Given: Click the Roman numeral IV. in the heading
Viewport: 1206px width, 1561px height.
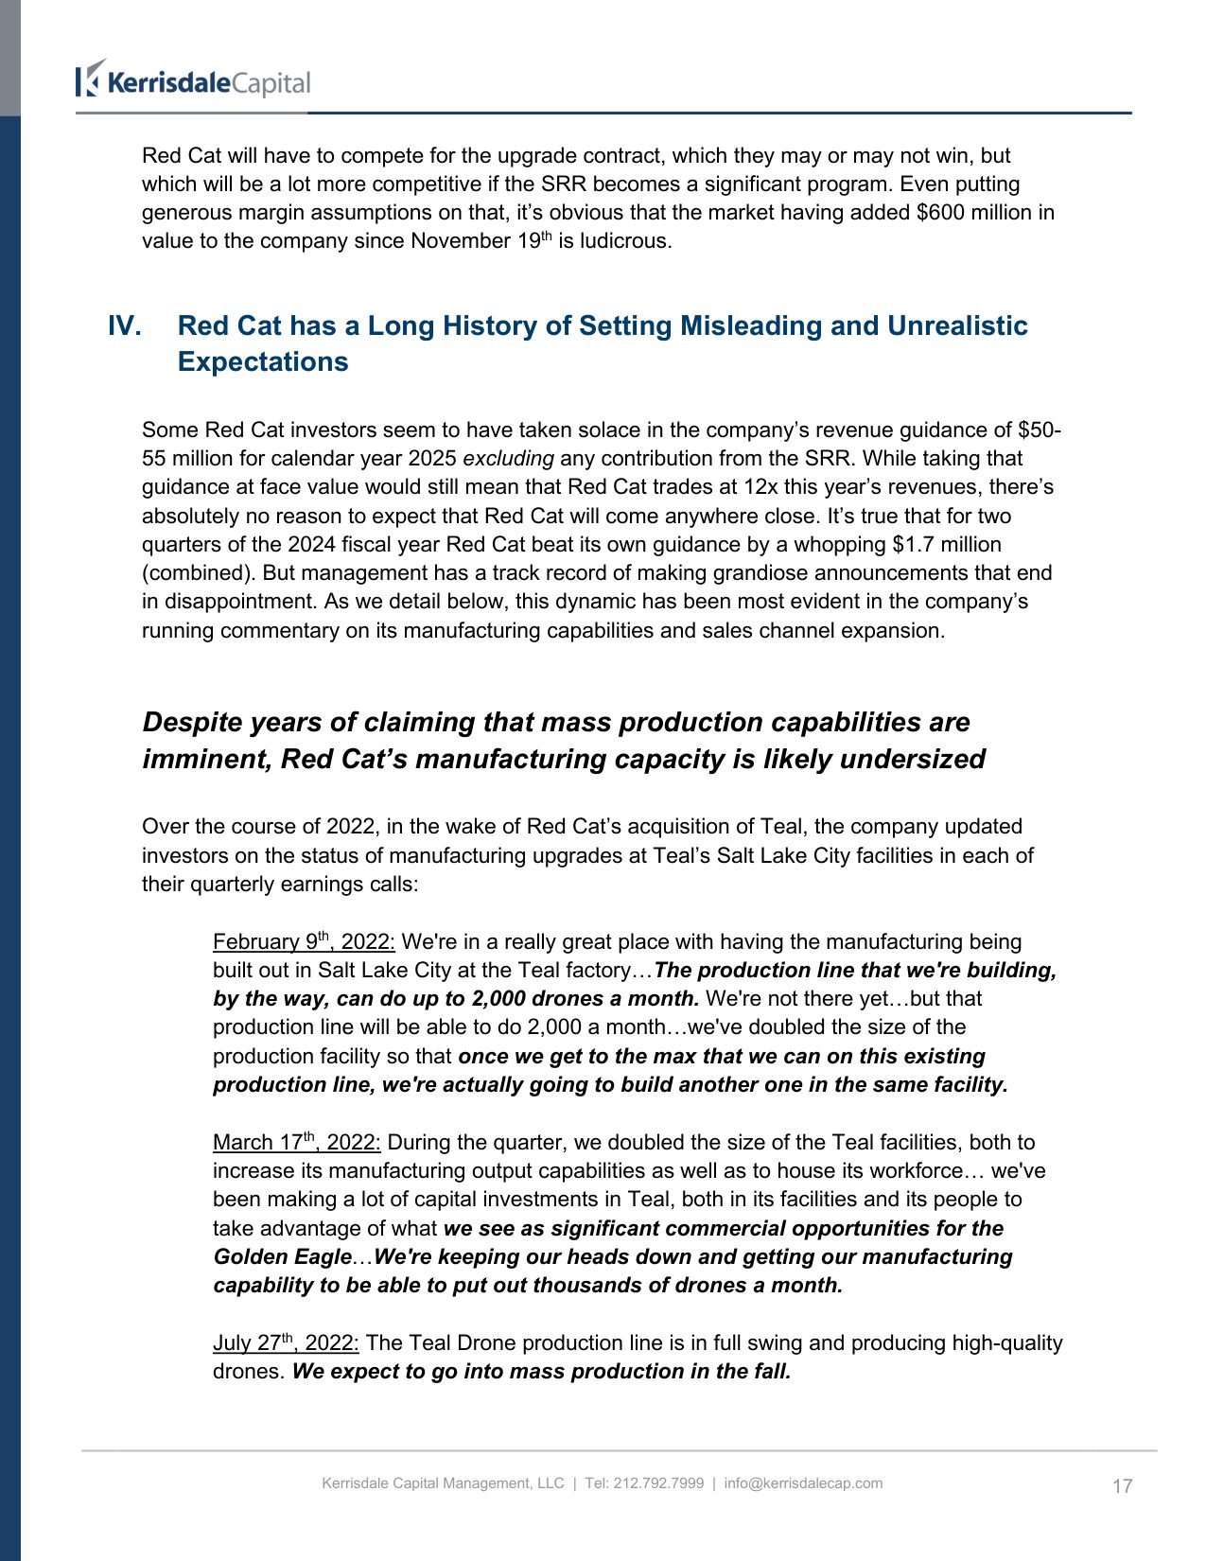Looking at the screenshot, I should click(125, 326).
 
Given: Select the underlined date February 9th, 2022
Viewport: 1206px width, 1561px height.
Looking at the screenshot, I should click(303, 942).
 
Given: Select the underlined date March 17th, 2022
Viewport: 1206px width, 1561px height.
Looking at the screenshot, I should click(296, 1143).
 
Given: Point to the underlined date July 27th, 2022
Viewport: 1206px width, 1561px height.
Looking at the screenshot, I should click(285, 1343).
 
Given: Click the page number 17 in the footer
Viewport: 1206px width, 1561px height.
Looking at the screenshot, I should click(1122, 1486).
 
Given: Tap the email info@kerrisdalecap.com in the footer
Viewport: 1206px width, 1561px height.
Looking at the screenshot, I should click(803, 1483).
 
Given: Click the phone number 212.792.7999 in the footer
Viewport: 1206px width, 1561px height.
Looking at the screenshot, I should click(658, 1483).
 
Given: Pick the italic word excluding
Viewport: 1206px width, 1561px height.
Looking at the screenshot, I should click(508, 459).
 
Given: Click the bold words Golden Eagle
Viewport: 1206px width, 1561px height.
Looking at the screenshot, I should click(282, 1257).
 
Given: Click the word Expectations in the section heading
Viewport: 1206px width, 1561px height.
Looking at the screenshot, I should click(263, 362).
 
